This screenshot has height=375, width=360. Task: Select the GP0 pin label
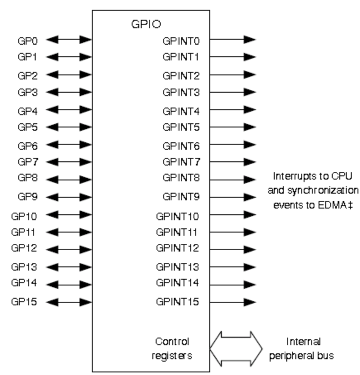[23, 39]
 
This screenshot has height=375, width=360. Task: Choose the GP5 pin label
[23, 127]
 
